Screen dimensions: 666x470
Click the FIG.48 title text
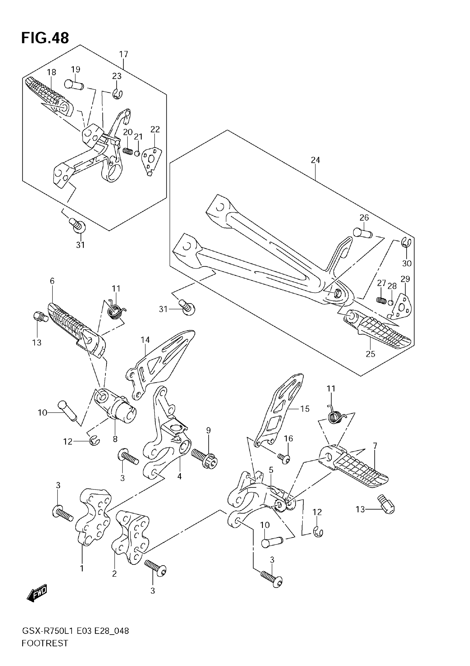tap(45, 38)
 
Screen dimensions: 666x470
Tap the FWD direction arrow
tap(37, 593)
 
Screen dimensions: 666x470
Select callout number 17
tap(124, 54)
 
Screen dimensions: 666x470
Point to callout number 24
tap(315, 160)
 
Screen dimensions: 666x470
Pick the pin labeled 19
tap(74, 85)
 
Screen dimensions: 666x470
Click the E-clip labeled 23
tap(118, 94)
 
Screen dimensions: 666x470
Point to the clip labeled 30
tap(406, 242)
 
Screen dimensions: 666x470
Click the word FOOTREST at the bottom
tap(45, 652)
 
